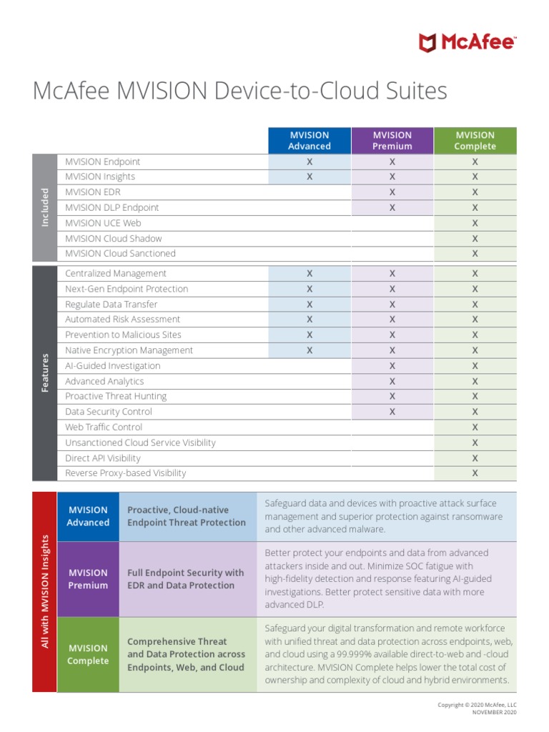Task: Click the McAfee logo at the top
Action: [x=467, y=42]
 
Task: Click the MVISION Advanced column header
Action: [x=309, y=141]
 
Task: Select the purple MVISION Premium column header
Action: [x=392, y=141]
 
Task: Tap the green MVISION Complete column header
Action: [x=475, y=141]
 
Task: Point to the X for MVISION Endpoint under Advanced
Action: [x=310, y=162]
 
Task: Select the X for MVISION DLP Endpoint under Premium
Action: [x=392, y=207]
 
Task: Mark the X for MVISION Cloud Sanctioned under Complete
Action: [x=475, y=254]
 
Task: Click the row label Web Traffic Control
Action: [x=104, y=427]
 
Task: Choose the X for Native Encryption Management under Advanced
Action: [x=310, y=350]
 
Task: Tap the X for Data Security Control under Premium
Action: [x=392, y=412]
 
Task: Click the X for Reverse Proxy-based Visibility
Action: [x=475, y=473]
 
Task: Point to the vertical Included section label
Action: [x=44, y=207]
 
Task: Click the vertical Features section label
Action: [x=44, y=372]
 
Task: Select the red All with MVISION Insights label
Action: [x=44, y=591]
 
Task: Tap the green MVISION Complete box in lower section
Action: [x=88, y=655]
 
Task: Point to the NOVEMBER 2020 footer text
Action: [x=494, y=713]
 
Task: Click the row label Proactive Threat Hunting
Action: [x=116, y=397]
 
